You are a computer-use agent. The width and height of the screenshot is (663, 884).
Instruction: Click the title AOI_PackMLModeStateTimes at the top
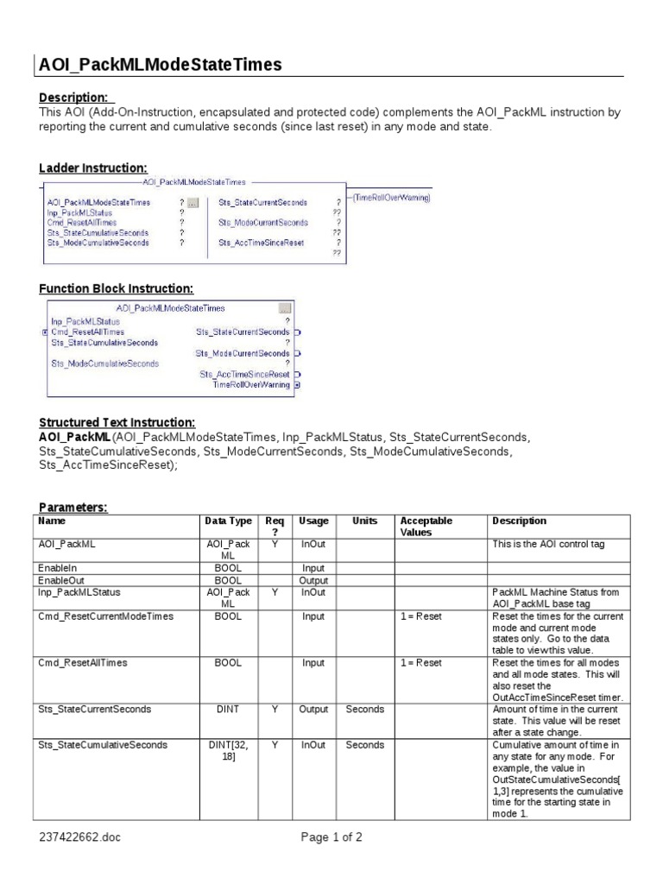pyautogui.click(x=161, y=65)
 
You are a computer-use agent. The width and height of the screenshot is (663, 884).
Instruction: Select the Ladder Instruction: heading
pyautogui.click(x=93, y=167)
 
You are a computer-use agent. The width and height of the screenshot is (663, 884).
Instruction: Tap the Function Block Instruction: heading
pyautogui.click(x=116, y=288)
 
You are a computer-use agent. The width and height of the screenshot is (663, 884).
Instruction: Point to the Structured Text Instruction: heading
pyautogui.click(x=117, y=422)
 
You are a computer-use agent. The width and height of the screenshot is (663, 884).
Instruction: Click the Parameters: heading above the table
pyautogui.click(x=73, y=508)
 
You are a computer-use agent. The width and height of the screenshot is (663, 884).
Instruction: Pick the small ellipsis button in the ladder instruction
pyautogui.click(x=193, y=203)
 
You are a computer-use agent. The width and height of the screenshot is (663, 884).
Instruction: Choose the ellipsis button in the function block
pyautogui.click(x=285, y=308)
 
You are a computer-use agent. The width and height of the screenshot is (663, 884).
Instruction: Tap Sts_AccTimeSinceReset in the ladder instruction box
pyautogui.click(x=261, y=243)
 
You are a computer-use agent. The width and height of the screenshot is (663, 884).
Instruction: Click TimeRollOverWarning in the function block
pyautogui.click(x=251, y=385)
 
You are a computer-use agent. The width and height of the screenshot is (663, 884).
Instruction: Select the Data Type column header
pyautogui.click(x=229, y=521)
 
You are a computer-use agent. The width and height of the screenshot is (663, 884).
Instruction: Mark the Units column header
pyautogui.click(x=364, y=521)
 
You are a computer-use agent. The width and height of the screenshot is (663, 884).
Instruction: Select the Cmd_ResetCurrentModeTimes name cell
pyautogui.click(x=106, y=617)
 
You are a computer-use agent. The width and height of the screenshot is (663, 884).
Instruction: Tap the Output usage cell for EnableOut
pyautogui.click(x=313, y=581)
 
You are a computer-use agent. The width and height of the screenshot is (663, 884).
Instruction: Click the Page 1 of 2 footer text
pyautogui.click(x=331, y=837)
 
